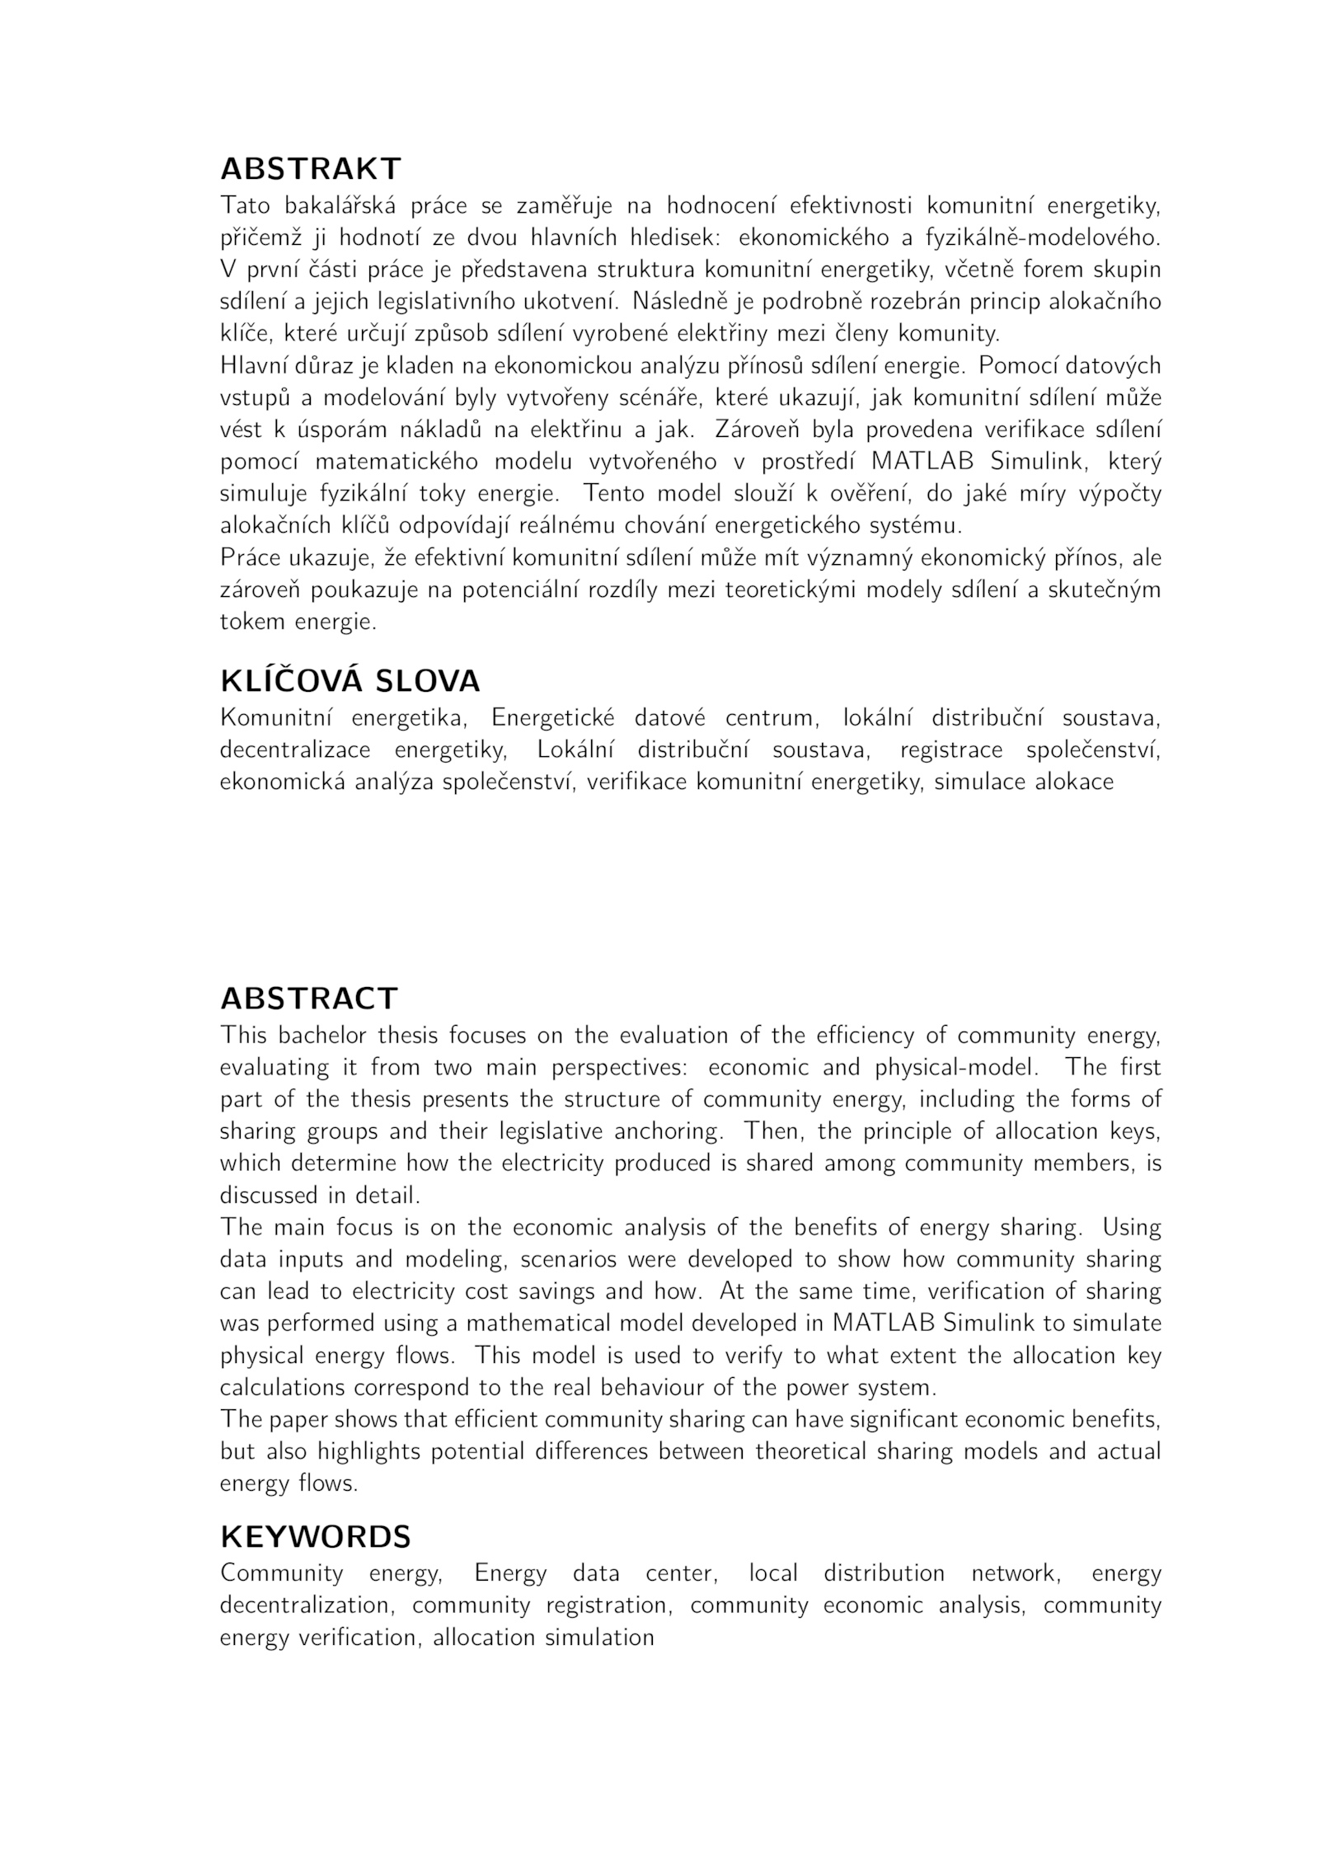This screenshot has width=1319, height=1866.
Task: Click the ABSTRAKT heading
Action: coord(310,169)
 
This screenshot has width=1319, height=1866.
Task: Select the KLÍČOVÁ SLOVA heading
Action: coord(350,681)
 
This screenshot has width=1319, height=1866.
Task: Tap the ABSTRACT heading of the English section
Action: coord(309,999)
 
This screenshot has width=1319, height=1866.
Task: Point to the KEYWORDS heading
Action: coord(315,1537)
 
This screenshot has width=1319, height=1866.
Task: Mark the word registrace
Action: coord(951,750)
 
